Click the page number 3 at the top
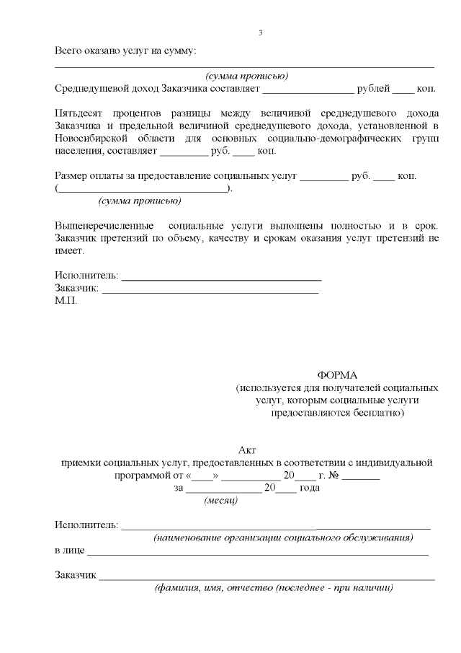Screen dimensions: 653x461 [x=261, y=33]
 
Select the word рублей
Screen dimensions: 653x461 [x=373, y=89]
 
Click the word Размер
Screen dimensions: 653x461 [x=72, y=176]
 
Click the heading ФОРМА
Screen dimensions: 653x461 [x=337, y=375]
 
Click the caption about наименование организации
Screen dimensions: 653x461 [x=283, y=538]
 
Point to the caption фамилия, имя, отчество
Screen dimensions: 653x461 [x=274, y=588]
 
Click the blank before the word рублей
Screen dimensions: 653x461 [x=308, y=89]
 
